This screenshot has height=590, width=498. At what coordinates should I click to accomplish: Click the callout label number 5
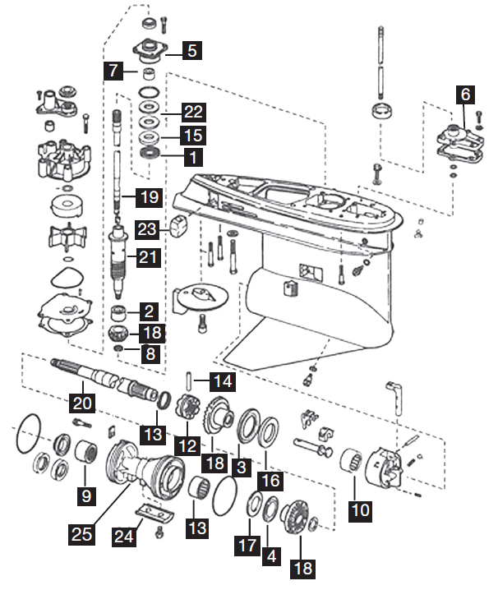[191, 50]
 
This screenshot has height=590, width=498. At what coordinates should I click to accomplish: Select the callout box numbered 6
[465, 94]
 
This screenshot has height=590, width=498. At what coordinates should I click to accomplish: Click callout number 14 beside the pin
[222, 381]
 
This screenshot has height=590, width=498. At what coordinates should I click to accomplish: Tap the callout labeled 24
[123, 539]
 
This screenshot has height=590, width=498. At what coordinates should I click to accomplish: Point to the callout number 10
[359, 509]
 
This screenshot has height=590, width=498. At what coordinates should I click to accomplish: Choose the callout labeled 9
[85, 496]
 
